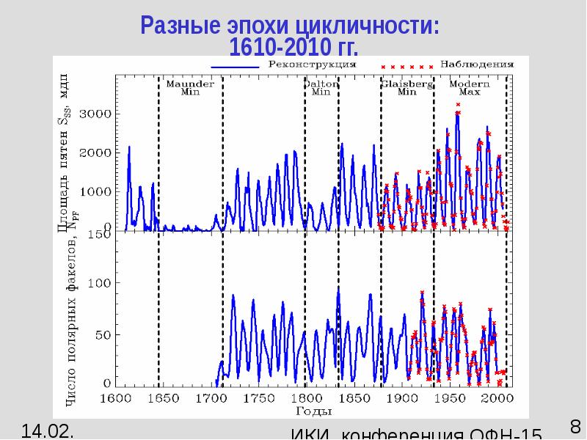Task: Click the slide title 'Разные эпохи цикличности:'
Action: tap(292, 26)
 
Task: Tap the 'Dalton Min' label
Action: tap(321, 88)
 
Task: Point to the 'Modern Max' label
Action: tap(470, 88)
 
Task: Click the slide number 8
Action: tap(575, 426)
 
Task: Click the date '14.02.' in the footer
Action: tap(47, 430)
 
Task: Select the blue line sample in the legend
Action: tap(235, 65)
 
